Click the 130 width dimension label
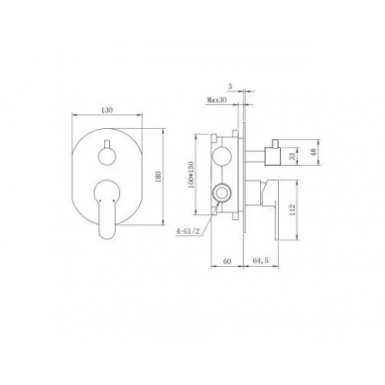point(108,110)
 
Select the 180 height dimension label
point(159,177)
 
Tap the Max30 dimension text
point(216,100)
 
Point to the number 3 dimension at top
point(230,86)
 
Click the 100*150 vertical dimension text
point(191,176)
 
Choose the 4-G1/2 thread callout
point(188,231)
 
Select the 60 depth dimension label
point(227,261)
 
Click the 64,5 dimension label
point(261,261)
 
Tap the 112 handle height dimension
point(292,209)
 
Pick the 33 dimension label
point(292,156)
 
